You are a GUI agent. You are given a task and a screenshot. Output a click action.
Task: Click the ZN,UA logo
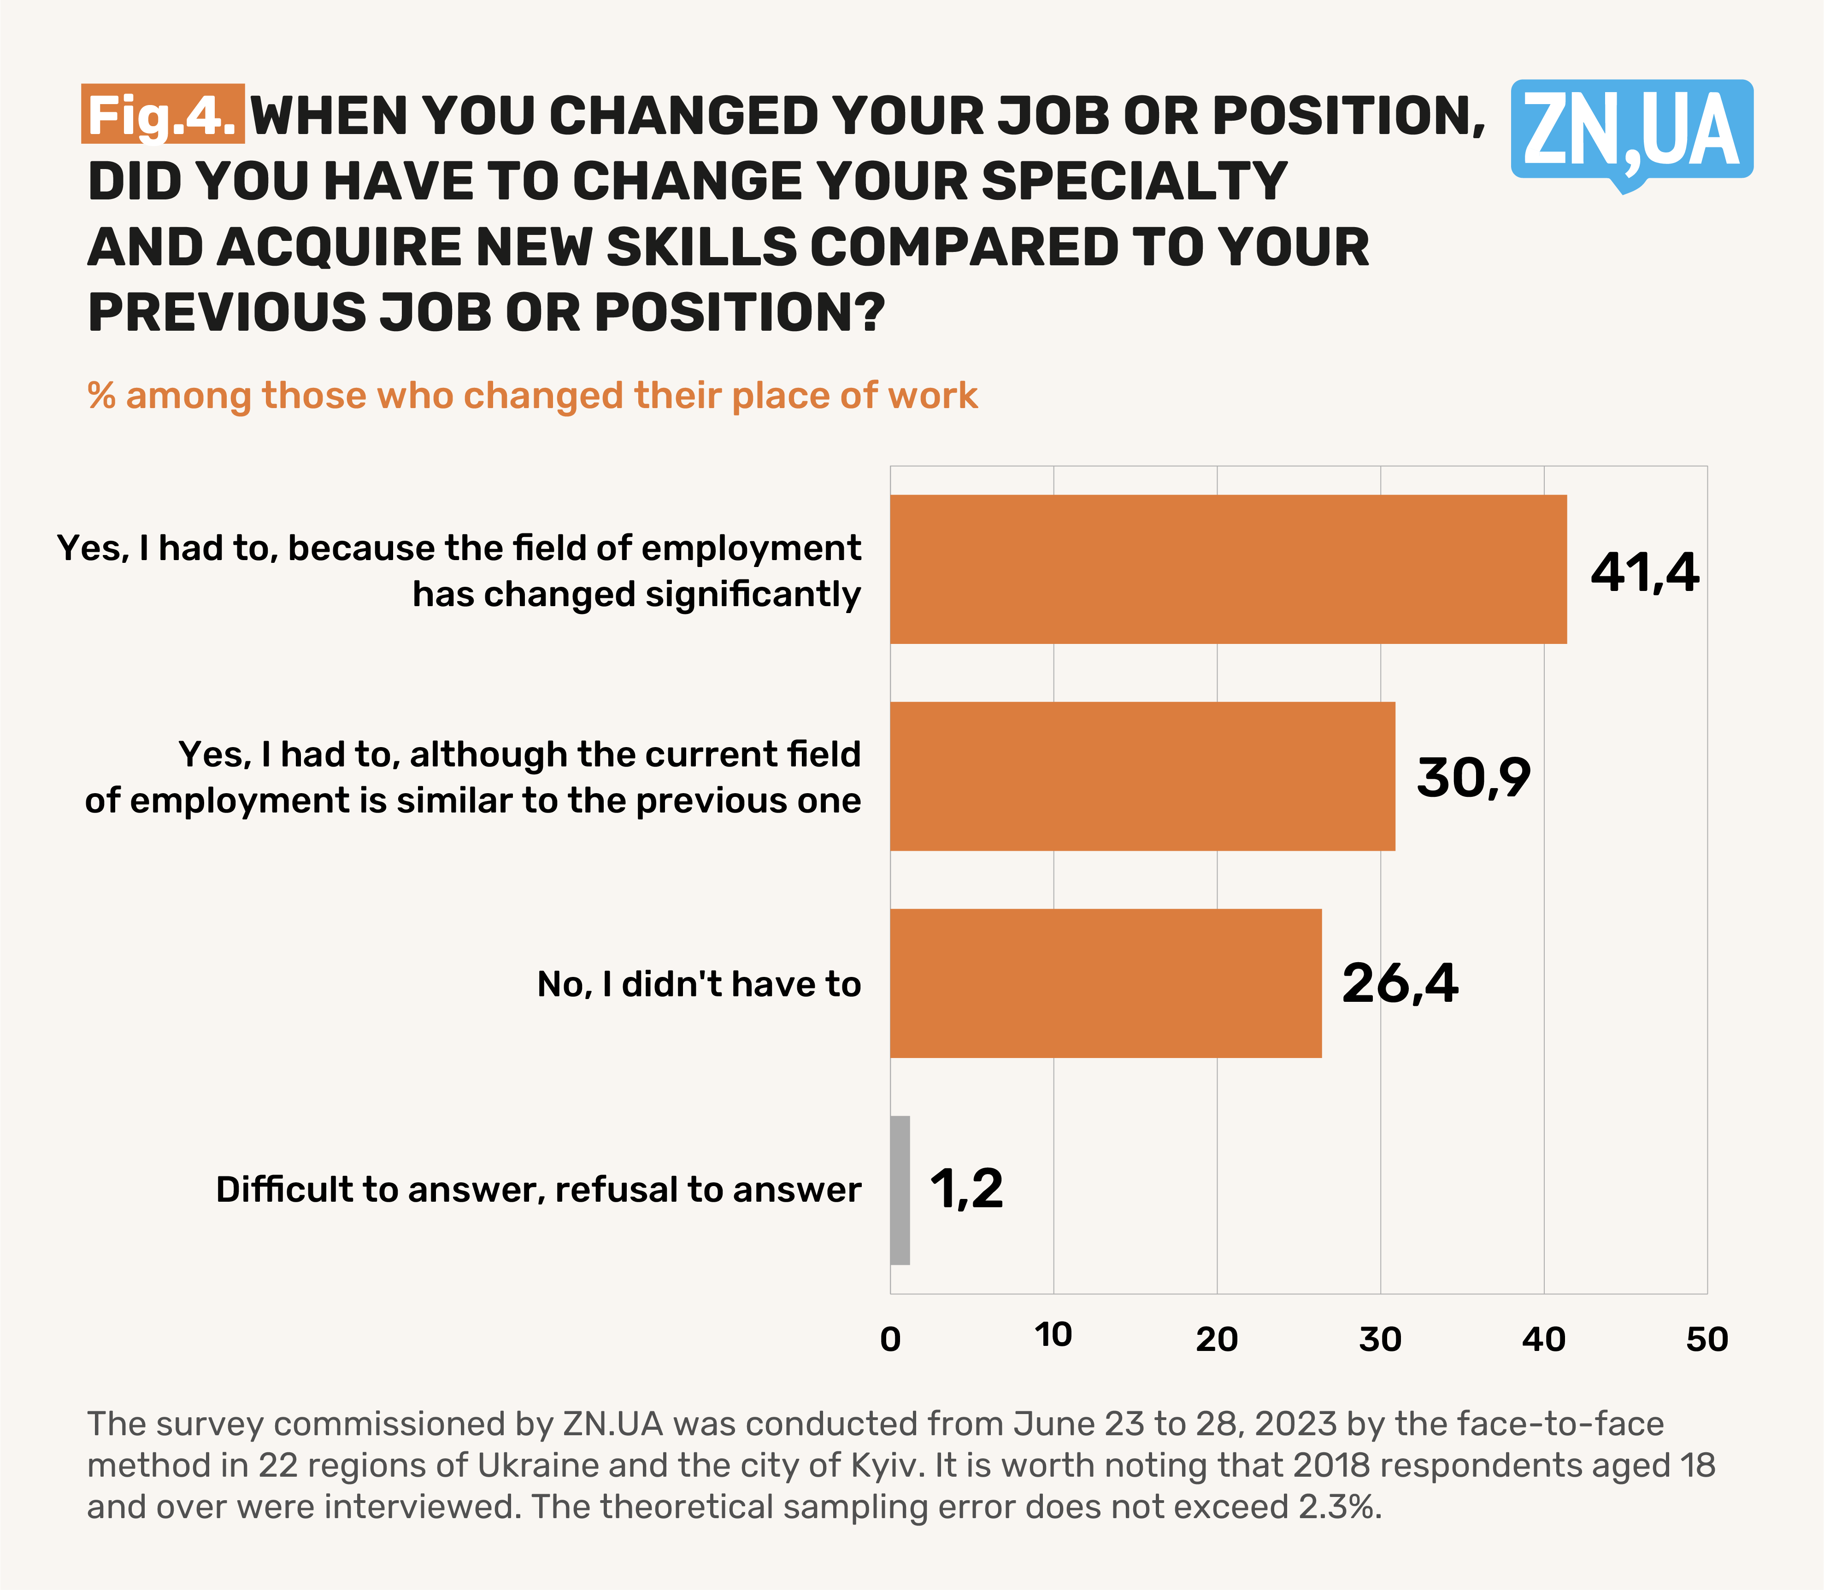click(1631, 131)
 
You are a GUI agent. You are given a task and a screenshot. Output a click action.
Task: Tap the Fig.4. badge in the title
click(162, 114)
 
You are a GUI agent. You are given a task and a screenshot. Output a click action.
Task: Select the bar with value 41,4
click(1228, 569)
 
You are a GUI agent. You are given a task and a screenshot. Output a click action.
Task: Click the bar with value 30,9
click(1142, 777)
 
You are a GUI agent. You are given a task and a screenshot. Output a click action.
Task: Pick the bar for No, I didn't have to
click(1105, 983)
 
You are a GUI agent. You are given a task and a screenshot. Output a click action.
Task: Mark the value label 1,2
click(966, 1190)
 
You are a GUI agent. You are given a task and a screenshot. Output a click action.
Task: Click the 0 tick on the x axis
click(890, 1339)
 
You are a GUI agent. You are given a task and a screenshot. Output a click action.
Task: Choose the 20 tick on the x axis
click(1217, 1339)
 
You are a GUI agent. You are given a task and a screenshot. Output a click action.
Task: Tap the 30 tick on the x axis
click(1380, 1339)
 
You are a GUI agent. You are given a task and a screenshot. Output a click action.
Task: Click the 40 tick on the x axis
click(1543, 1339)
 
